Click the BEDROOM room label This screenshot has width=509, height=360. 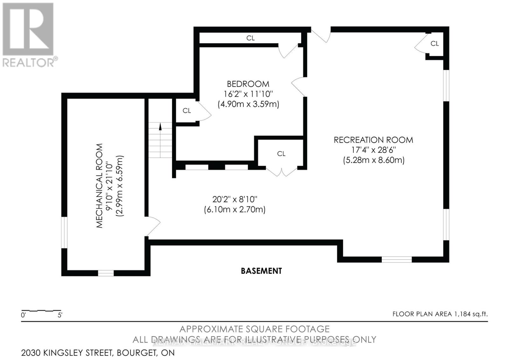(248, 84)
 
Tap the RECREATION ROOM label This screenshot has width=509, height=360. (373, 140)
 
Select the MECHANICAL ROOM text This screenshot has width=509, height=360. (100, 186)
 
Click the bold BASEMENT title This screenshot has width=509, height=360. (261, 271)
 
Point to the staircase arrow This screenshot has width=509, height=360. (160, 127)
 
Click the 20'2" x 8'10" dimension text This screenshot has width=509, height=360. (234, 200)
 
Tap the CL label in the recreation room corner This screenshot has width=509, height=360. (435, 44)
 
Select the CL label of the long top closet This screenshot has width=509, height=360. (250, 38)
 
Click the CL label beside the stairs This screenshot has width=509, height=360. (187, 111)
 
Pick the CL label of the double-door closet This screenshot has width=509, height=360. (281, 154)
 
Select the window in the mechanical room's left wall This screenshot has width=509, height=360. (64, 232)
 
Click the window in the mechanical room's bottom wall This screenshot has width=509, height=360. (106, 273)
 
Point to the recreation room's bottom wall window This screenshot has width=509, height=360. (396, 259)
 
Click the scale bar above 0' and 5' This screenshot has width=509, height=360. (41, 310)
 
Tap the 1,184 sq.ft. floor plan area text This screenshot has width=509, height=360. (440, 314)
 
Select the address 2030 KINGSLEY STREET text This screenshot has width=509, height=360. (98, 353)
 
